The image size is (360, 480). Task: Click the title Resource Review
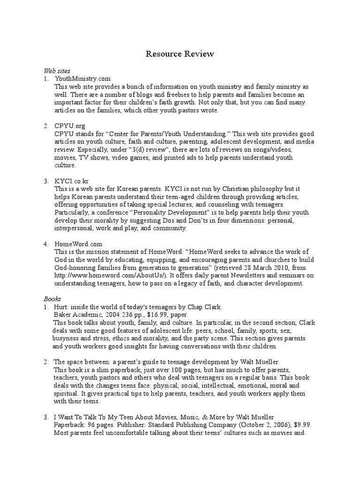180,54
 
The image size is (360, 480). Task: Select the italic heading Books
52,298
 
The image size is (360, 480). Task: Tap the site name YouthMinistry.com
82,79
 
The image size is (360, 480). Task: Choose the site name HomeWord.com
78,244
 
